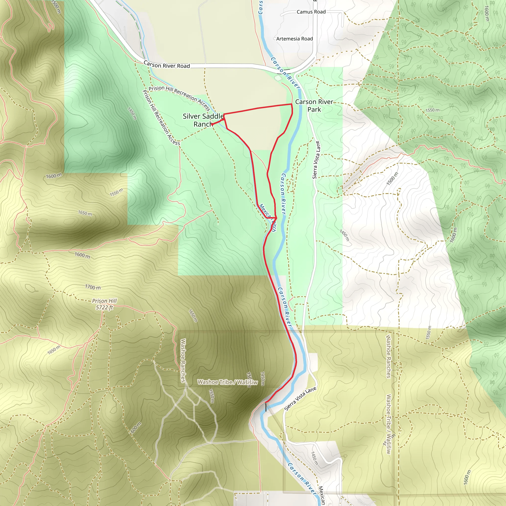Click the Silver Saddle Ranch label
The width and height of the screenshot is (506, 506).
[203, 120]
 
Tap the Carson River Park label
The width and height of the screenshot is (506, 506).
[314, 105]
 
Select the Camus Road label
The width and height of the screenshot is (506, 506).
[311, 12]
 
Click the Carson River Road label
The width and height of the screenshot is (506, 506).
[167, 65]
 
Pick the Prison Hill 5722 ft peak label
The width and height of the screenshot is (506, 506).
[104, 304]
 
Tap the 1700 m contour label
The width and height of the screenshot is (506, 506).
[93, 287]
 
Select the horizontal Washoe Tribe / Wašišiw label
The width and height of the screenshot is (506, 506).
[227, 382]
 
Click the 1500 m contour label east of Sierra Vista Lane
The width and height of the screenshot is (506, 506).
[392, 179]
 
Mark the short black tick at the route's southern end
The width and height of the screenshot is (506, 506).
[266, 407]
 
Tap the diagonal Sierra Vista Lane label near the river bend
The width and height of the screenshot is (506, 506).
[300, 399]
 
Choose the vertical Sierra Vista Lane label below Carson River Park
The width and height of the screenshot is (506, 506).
[316, 160]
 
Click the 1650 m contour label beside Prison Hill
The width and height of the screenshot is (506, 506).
[193, 316]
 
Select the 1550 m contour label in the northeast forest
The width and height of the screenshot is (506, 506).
[432, 110]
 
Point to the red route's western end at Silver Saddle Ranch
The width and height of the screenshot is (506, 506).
[212, 124]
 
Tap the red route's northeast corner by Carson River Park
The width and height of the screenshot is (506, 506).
[292, 104]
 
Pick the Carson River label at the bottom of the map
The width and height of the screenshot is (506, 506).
[302, 478]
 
